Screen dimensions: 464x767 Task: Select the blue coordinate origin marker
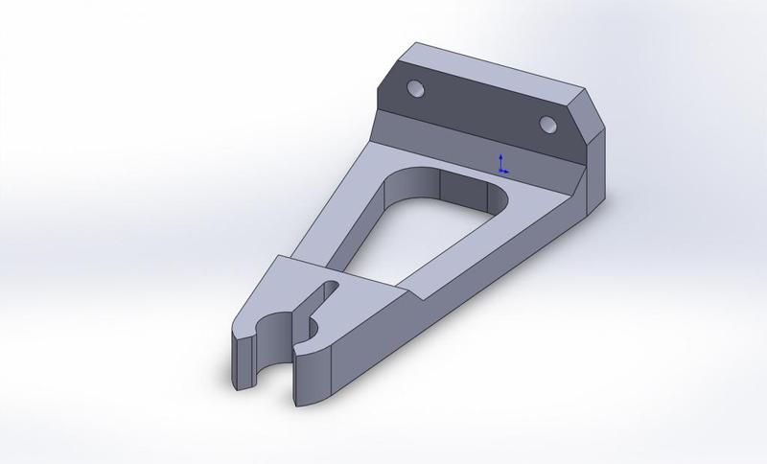point(500,165)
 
